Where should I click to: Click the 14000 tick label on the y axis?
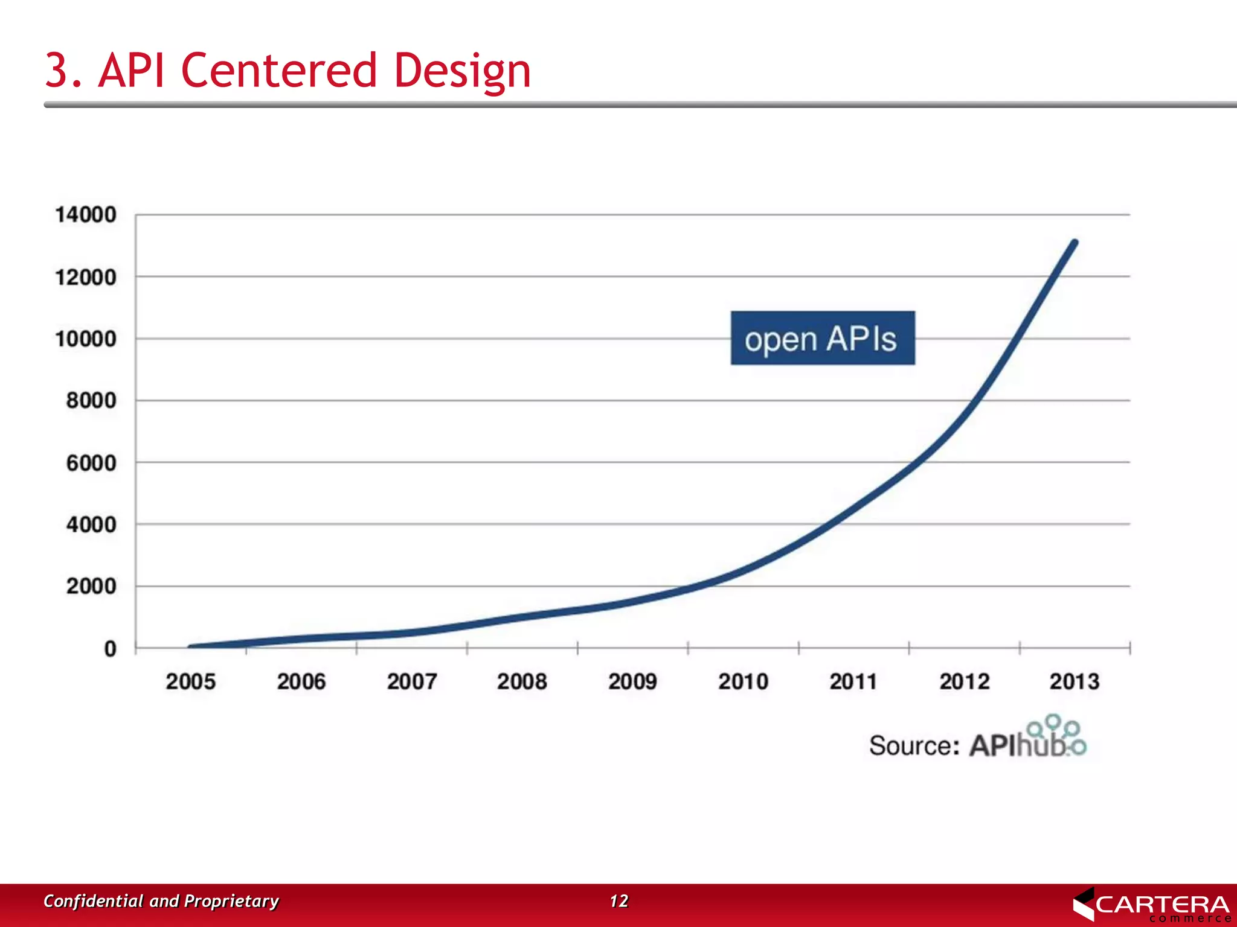(x=85, y=215)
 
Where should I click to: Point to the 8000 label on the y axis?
(x=91, y=401)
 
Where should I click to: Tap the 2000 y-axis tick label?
(x=91, y=587)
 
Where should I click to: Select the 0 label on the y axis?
(x=110, y=649)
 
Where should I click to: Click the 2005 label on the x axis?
(x=190, y=682)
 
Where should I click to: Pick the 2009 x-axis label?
(x=632, y=682)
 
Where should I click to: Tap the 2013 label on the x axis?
(x=1075, y=682)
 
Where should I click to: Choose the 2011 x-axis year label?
(x=853, y=682)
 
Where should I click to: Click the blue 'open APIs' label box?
(x=822, y=339)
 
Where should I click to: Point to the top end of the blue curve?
(x=1075, y=243)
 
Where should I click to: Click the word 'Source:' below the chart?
(x=914, y=746)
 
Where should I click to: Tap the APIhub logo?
(x=1027, y=740)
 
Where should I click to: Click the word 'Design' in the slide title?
(x=462, y=71)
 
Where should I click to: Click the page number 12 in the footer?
(x=618, y=901)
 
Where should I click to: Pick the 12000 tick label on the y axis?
(x=85, y=278)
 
